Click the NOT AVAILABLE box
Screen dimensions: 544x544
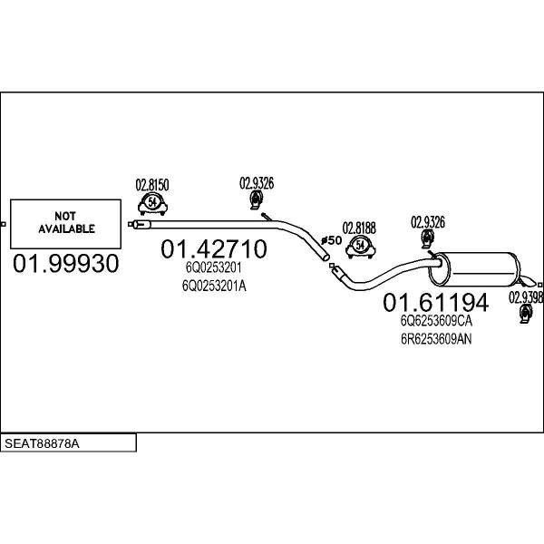(x=65, y=224)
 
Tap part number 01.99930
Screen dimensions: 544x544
(x=66, y=263)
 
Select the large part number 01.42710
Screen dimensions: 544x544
(x=214, y=248)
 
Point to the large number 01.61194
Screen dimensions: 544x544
(x=436, y=302)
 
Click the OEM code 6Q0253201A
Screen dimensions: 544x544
(x=214, y=286)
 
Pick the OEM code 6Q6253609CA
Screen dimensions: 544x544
(x=436, y=321)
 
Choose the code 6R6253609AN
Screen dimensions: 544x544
(x=436, y=339)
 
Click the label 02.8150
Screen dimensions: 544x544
(x=152, y=185)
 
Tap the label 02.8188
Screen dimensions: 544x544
(x=359, y=228)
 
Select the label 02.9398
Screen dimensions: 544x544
(x=526, y=297)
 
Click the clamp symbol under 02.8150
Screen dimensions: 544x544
(x=152, y=204)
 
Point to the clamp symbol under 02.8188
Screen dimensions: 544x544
(x=361, y=248)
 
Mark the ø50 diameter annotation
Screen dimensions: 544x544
(x=332, y=240)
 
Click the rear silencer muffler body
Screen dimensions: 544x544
(x=474, y=269)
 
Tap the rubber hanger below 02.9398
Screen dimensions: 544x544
(x=526, y=314)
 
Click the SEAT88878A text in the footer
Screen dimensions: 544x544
(x=42, y=443)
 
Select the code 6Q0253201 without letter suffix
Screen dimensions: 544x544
(x=213, y=267)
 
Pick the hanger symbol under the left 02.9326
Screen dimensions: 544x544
(x=257, y=200)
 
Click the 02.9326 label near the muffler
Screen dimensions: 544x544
(x=428, y=222)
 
